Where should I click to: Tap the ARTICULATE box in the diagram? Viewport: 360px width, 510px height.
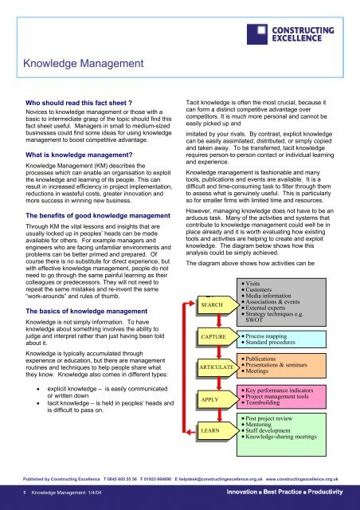[x=213, y=366]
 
